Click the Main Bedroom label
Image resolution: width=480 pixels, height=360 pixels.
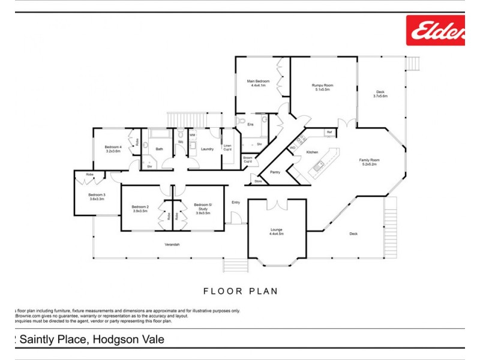click(x=259, y=81)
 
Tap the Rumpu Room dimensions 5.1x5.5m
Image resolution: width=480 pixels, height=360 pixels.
click(x=322, y=89)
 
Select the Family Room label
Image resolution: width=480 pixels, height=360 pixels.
click(x=370, y=160)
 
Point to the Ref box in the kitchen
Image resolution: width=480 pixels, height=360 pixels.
click(x=329, y=132)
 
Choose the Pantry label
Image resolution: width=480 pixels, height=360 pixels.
click(x=275, y=172)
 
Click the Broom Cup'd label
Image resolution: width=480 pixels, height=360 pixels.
click(x=248, y=159)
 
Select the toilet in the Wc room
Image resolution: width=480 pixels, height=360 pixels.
click(x=180, y=134)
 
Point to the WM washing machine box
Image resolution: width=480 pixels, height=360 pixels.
click(x=193, y=136)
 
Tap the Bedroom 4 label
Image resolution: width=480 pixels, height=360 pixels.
click(x=113, y=147)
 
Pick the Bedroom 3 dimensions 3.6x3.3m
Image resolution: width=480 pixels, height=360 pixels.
click(x=97, y=199)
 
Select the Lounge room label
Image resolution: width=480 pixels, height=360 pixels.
click(x=277, y=230)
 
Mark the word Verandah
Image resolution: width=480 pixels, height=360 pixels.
click(x=172, y=244)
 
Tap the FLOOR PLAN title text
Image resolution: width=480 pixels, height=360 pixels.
click(x=240, y=292)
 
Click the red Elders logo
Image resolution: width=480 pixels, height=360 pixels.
click(x=436, y=30)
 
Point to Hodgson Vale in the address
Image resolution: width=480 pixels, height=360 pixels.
click(x=129, y=340)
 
